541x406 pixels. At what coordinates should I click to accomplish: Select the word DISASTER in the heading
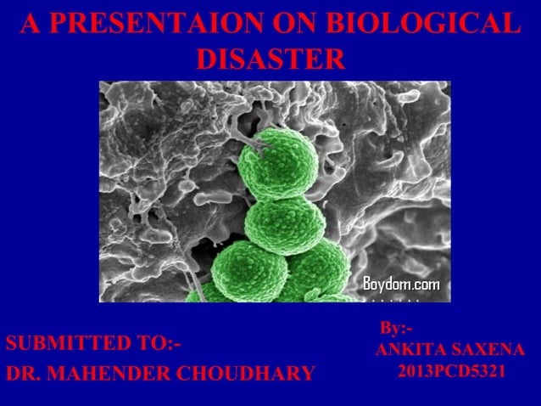tap(270, 59)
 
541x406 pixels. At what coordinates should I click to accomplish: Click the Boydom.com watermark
tap(401, 283)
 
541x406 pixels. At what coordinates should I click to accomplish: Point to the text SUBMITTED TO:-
tap(94, 344)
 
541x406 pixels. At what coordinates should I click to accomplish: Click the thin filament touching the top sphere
tap(251, 146)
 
